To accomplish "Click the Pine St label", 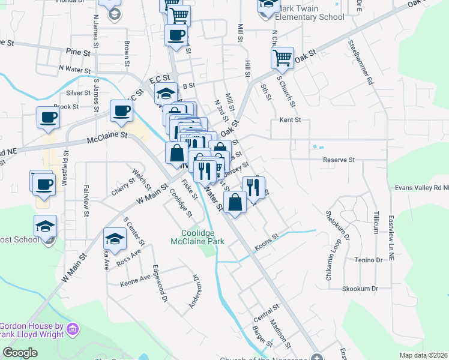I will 79,53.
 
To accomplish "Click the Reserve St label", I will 339,160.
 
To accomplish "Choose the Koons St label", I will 268,241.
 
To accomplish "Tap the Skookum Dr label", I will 360,289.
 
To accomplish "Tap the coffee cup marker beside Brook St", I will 48,118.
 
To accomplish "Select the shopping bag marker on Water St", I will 235,202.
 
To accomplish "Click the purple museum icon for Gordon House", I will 74,329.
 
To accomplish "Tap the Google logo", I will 20,353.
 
